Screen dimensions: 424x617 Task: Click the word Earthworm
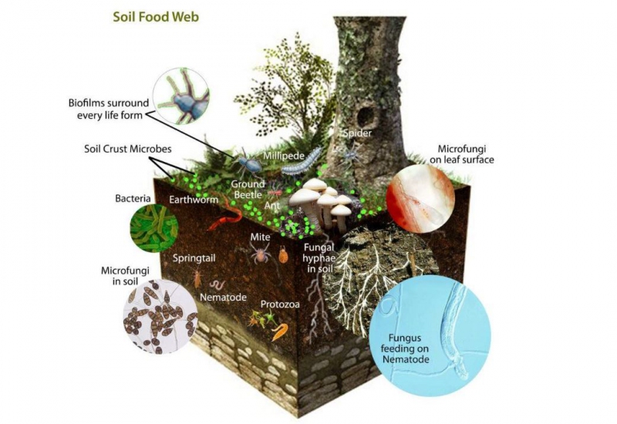click(x=194, y=200)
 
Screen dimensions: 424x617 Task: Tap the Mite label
click(x=261, y=237)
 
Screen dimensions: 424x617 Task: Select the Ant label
click(x=270, y=206)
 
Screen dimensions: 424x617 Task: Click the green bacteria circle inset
click(x=153, y=227)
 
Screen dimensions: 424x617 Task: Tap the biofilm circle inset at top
click(x=180, y=96)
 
